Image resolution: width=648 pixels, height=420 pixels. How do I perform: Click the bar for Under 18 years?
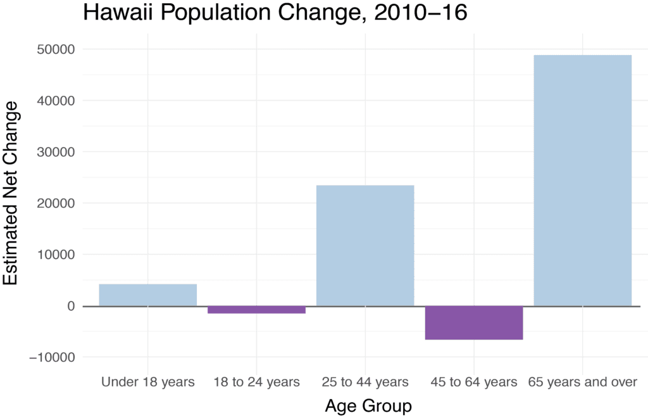pyautogui.click(x=147, y=295)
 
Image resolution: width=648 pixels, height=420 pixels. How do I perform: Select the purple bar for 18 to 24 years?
pyautogui.click(x=256, y=310)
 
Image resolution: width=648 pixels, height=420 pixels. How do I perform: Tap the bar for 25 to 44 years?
pyautogui.click(x=365, y=246)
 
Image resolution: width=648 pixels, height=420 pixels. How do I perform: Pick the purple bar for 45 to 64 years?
pyautogui.click(x=473, y=322)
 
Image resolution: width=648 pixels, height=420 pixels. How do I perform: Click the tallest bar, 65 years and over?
pyautogui.click(x=582, y=181)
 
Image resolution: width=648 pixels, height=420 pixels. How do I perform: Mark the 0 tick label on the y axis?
pyautogui.click(x=70, y=306)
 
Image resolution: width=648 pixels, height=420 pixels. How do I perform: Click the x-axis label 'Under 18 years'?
pyautogui.click(x=147, y=382)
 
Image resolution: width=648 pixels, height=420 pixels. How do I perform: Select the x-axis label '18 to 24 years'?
pyautogui.click(x=256, y=382)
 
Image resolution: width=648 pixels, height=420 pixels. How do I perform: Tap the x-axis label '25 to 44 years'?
pyautogui.click(x=365, y=382)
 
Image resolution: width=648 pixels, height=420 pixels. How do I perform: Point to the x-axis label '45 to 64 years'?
pyautogui.click(x=473, y=382)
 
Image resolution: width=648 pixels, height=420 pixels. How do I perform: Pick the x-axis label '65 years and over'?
pyautogui.click(x=582, y=382)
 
